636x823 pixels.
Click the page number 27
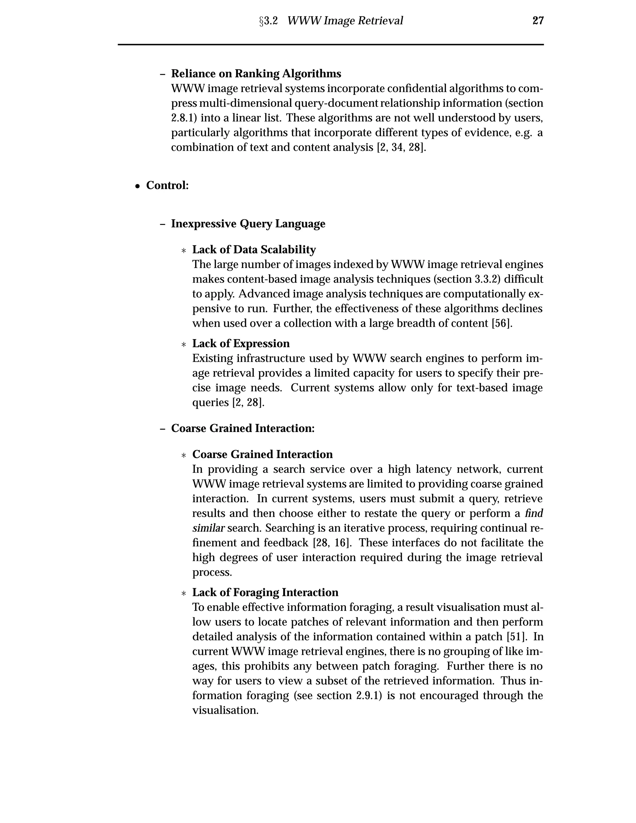point(538,20)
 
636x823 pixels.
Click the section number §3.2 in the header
point(268,21)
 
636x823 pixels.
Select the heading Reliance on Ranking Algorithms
point(256,74)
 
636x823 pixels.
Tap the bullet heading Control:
point(167,185)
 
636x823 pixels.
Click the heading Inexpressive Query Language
point(248,224)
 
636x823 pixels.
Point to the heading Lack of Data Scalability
point(254,250)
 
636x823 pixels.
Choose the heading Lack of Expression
point(241,344)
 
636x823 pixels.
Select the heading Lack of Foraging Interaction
point(265,592)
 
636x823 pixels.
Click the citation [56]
point(502,324)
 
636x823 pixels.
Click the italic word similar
point(208,528)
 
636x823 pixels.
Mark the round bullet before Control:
point(138,186)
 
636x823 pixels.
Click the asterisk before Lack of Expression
point(184,345)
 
